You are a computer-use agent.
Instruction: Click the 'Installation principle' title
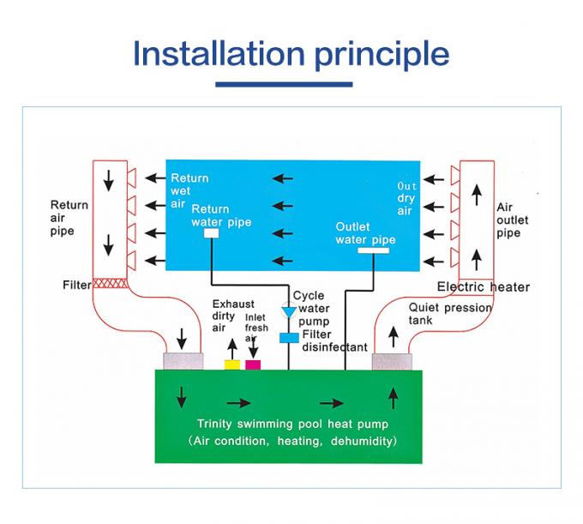click(291, 53)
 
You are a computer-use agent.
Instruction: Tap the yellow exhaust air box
click(231, 364)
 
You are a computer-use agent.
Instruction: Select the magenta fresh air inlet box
click(253, 364)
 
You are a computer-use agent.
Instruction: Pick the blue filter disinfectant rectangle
click(288, 337)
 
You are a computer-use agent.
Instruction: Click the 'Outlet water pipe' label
click(365, 233)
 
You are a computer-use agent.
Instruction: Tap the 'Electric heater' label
click(484, 286)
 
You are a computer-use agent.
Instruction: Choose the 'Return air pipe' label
click(69, 218)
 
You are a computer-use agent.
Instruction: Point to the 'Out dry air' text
click(407, 198)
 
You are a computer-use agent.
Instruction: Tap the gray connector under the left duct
click(182, 362)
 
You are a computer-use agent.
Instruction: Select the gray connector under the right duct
click(394, 362)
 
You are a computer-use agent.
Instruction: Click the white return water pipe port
click(212, 232)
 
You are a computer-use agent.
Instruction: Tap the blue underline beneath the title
click(283, 85)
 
